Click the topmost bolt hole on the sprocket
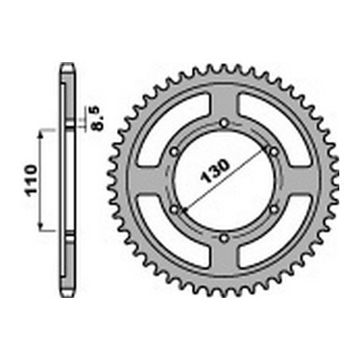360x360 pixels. [224, 122]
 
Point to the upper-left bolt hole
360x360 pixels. [174, 151]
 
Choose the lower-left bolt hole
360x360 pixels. [174, 209]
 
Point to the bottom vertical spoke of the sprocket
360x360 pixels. [224, 258]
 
